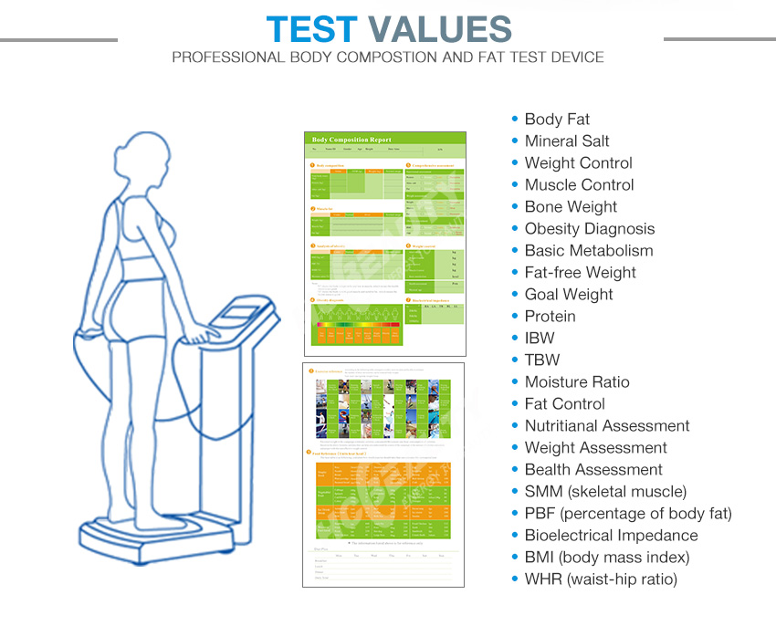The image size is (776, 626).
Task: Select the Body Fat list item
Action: tap(557, 120)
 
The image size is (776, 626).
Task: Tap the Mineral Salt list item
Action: tap(567, 141)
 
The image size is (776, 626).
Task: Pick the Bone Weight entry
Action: tap(571, 207)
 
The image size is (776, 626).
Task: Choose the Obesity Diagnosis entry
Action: tap(589, 229)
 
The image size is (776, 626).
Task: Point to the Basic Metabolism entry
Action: tap(589, 251)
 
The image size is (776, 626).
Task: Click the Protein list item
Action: tap(550, 317)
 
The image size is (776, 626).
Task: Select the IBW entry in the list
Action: tap(539, 339)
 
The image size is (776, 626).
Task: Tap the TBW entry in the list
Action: tap(541, 360)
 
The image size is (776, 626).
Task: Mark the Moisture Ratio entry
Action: tap(577, 382)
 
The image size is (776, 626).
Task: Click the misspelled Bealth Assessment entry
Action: tap(593, 470)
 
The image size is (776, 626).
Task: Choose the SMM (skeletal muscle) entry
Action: tap(605, 492)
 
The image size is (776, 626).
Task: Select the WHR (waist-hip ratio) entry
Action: tap(601, 579)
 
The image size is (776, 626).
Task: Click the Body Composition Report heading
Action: tap(351, 140)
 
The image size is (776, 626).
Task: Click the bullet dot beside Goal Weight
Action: tap(515, 295)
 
